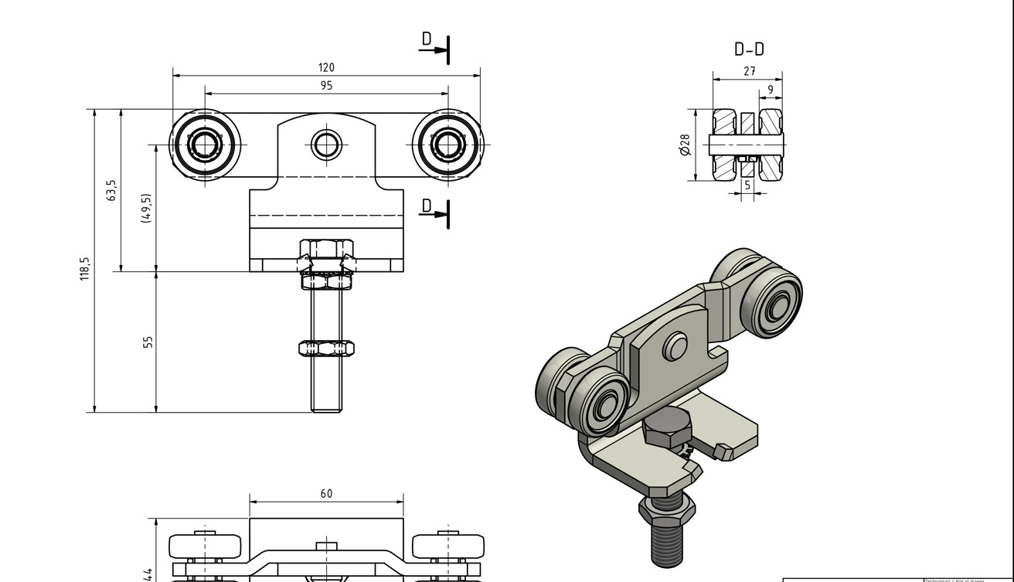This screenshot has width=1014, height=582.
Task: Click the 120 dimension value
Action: pyautogui.click(x=326, y=68)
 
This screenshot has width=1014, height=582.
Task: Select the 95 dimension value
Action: pyautogui.click(x=326, y=86)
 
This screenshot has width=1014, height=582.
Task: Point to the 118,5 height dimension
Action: pyautogui.click(x=85, y=268)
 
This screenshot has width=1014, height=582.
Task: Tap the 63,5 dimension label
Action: pyautogui.click(x=111, y=190)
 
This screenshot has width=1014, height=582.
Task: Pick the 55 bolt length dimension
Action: pyautogui.click(x=148, y=341)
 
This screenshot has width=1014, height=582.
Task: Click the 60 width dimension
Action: pyautogui.click(x=326, y=493)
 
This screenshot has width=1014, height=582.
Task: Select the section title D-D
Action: pyautogui.click(x=749, y=49)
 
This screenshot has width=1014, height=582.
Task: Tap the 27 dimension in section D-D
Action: pyautogui.click(x=749, y=71)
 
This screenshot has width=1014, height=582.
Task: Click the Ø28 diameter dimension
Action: pyautogui.click(x=684, y=145)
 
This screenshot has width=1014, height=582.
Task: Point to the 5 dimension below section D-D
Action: pyautogui.click(x=747, y=185)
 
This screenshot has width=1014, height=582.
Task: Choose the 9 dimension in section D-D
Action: pyautogui.click(x=770, y=90)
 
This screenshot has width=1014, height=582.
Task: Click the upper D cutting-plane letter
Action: pyautogui.click(x=427, y=39)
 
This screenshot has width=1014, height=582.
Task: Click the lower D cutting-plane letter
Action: pyautogui.click(x=427, y=205)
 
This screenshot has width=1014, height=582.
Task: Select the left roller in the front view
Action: pyautogui.click(x=205, y=144)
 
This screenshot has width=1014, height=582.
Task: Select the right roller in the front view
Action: pyautogui.click(x=448, y=144)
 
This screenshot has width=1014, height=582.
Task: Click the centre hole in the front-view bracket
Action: pyautogui.click(x=326, y=144)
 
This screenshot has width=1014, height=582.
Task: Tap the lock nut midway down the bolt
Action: pyautogui.click(x=326, y=349)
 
